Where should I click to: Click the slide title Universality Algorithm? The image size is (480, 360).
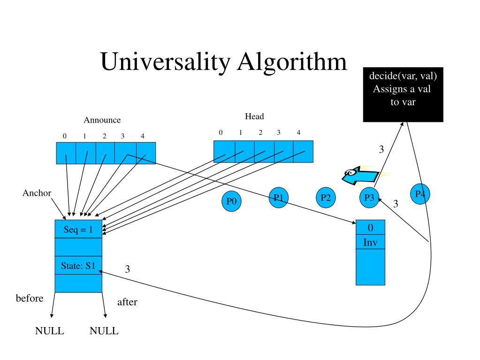point(224,62)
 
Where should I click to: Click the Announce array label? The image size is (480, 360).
point(102,120)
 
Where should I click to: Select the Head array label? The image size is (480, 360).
point(254,116)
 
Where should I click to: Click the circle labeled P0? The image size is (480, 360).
point(231,201)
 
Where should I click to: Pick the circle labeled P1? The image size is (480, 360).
point(279,198)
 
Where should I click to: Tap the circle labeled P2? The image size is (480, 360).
point(326,198)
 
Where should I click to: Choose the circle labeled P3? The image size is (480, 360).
point(369,198)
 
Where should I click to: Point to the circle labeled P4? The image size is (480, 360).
point(420,194)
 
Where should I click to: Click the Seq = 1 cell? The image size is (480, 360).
point(78,230)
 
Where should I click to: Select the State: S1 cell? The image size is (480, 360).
point(78,266)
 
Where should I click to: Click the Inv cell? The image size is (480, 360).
point(370,243)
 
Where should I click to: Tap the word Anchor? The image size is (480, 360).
point(37,193)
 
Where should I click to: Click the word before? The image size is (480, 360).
point(30,299)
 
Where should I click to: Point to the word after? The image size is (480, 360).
point(127,302)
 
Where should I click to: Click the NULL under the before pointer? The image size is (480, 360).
point(50,331)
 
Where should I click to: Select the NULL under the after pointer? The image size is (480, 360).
point(104,331)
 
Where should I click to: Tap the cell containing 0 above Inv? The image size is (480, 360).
point(370,228)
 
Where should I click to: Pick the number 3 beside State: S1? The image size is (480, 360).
point(127,269)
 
